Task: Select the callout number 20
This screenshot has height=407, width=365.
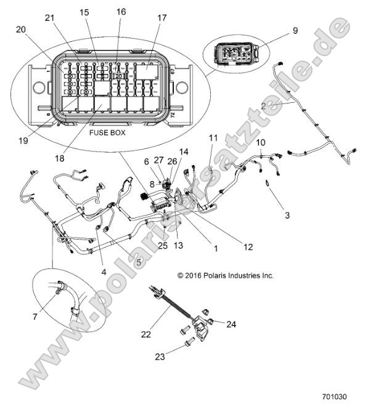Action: [x=22, y=30]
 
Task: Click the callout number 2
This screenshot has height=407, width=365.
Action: [x=264, y=106]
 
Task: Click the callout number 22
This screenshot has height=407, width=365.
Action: [x=146, y=334]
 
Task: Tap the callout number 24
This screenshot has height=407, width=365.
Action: [x=232, y=323]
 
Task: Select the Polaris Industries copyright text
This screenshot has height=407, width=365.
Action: [x=225, y=276]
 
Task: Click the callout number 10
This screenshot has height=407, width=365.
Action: [x=261, y=143]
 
